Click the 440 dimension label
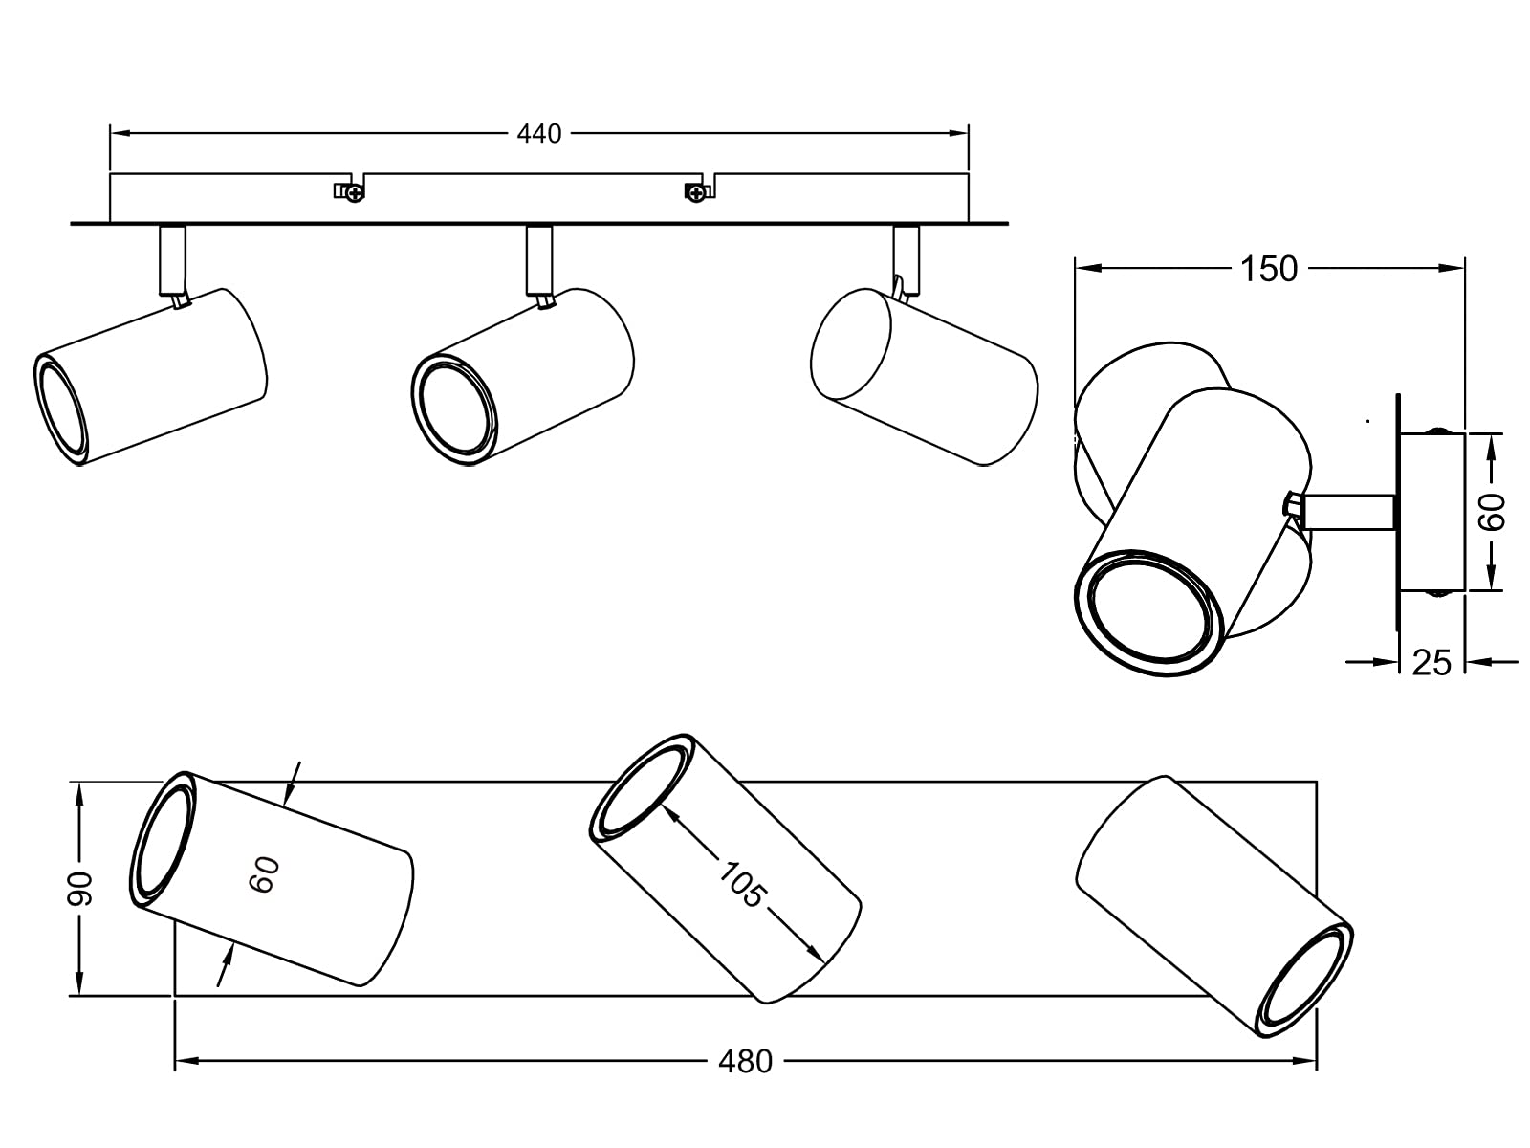(539, 134)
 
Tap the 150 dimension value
(1269, 270)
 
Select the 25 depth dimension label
(1432, 662)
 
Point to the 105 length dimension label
(742, 885)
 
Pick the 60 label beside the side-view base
(1492, 513)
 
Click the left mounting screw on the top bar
(355, 193)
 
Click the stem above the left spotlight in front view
(173, 259)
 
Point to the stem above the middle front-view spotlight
(539, 259)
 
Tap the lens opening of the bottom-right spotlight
(1305, 983)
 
